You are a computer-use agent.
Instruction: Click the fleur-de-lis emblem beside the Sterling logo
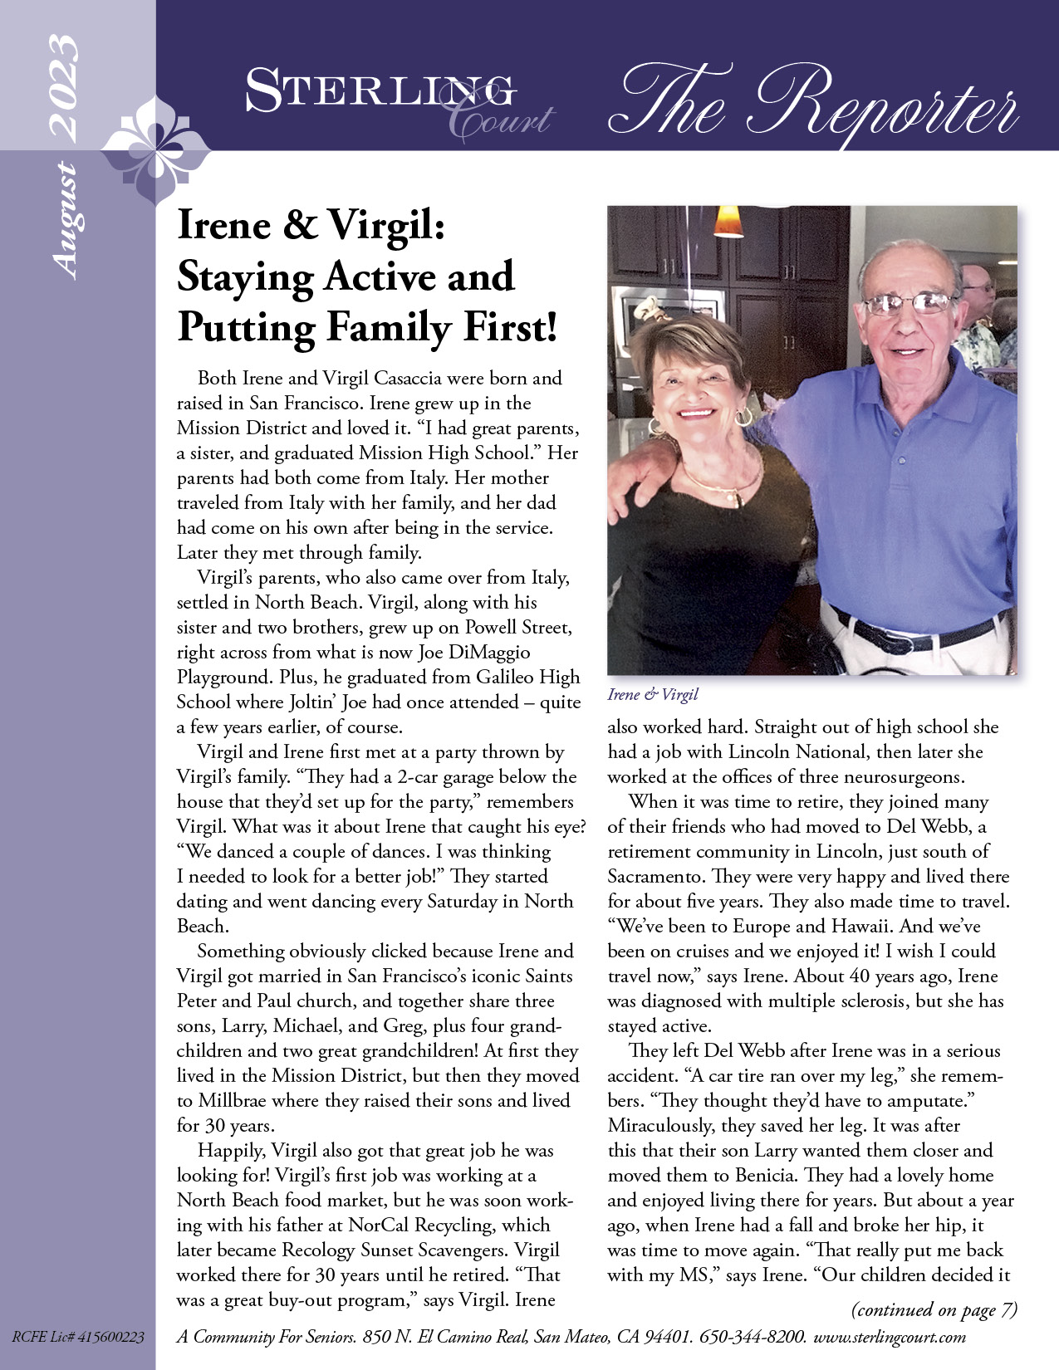pyautogui.click(x=155, y=150)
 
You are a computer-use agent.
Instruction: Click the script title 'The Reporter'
pyautogui.click(x=814, y=103)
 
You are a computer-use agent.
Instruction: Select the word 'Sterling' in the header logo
pyautogui.click(x=378, y=91)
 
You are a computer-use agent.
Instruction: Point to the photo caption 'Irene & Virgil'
pyautogui.click(x=653, y=694)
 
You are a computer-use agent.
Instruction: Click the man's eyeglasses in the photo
pyautogui.click(x=909, y=304)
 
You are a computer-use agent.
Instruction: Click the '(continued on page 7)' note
pyautogui.click(x=934, y=1309)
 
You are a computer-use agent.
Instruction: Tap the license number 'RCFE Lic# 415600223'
pyautogui.click(x=78, y=1337)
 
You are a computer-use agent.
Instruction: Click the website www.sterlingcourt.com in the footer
pyautogui.click(x=890, y=1337)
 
